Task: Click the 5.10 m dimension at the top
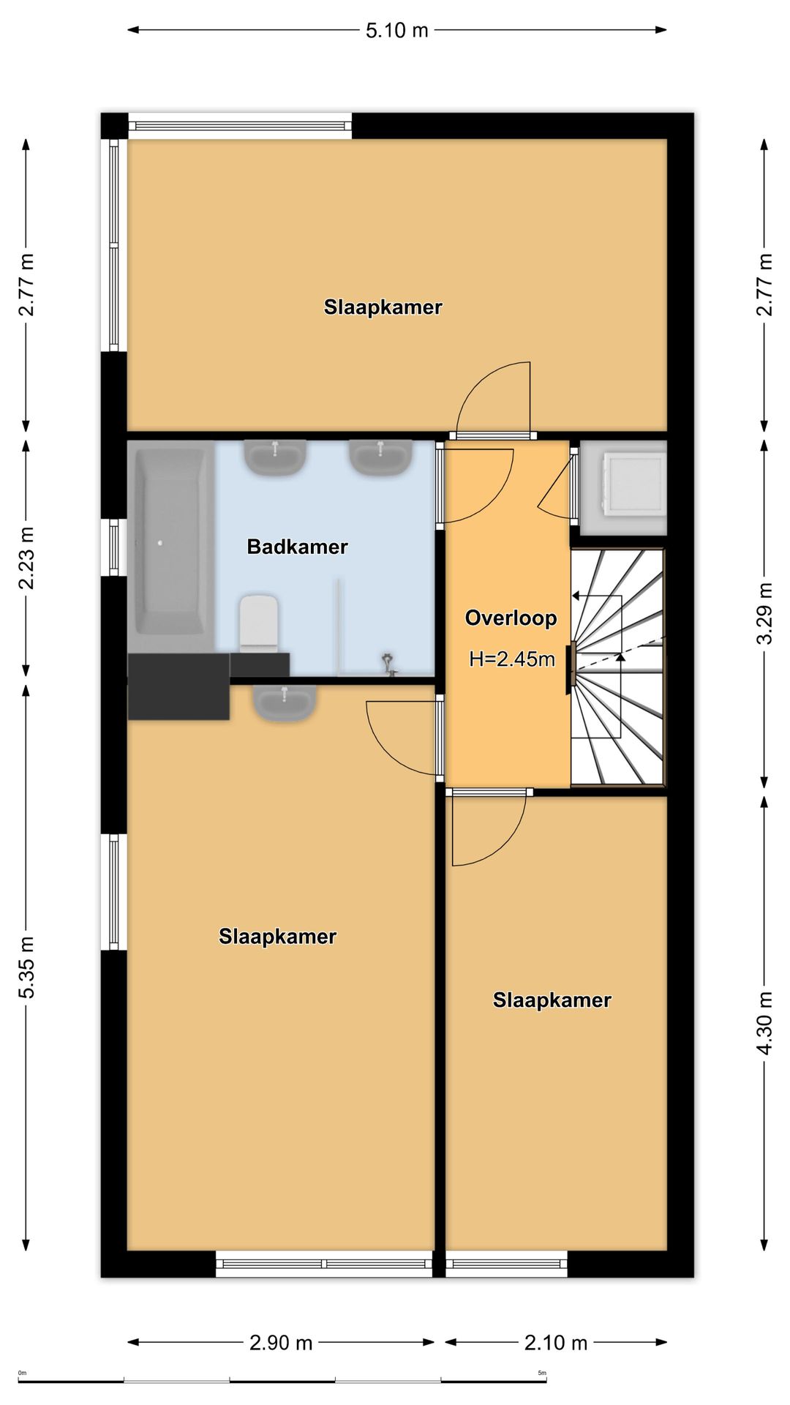click(396, 31)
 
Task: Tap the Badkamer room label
click(297, 547)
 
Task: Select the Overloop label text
click(511, 618)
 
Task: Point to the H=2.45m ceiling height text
click(512, 659)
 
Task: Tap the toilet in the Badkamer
click(259, 623)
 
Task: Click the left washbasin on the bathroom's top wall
click(275, 457)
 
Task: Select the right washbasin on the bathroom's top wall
click(380, 457)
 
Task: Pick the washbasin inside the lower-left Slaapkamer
click(285, 703)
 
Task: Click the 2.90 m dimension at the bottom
click(281, 1343)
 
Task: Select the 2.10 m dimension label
click(556, 1343)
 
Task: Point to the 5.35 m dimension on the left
click(27, 967)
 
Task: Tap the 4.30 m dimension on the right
click(764, 1023)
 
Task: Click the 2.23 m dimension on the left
click(27, 558)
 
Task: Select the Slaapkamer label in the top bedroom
click(383, 307)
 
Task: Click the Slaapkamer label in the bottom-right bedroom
click(552, 1000)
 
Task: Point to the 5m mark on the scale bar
click(542, 1373)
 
